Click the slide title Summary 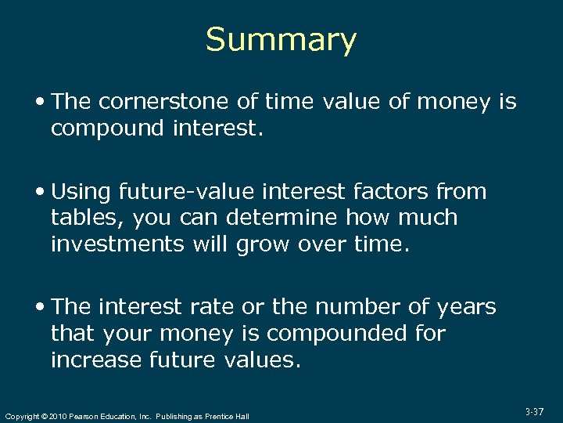tap(281, 40)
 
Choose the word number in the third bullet tap(351, 307)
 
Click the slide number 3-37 tap(535, 411)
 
